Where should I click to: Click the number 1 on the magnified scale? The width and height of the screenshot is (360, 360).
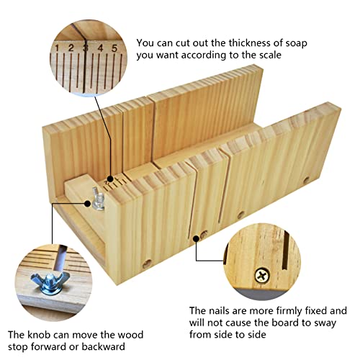[x=57, y=48]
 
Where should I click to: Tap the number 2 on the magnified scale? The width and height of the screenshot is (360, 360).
[x=71, y=48]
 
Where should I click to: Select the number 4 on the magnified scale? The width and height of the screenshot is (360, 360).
[x=100, y=48]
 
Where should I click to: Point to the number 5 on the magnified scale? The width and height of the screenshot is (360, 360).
[x=114, y=48]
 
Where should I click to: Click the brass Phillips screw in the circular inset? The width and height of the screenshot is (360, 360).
[x=262, y=276]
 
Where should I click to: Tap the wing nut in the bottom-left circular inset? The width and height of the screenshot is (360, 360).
[x=50, y=282]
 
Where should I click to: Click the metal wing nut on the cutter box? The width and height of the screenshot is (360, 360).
[x=98, y=199]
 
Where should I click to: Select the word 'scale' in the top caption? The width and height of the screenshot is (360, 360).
[x=270, y=55]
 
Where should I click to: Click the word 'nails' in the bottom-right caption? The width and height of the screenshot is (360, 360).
[x=219, y=311]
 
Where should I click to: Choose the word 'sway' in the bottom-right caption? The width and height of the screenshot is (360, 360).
[x=325, y=324]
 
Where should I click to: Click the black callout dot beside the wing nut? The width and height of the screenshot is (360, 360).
[x=88, y=204]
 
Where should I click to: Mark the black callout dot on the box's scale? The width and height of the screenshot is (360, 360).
[x=110, y=179]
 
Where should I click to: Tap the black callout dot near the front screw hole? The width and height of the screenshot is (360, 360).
[x=197, y=238]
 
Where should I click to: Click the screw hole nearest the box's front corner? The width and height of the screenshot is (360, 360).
[x=147, y=264]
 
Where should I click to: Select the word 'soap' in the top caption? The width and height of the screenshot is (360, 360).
[x=297, y=44]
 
